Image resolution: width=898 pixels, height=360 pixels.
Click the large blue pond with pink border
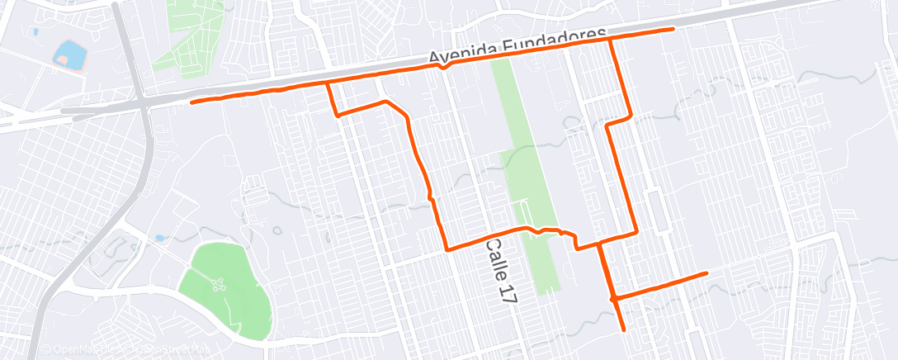tap(69, 56)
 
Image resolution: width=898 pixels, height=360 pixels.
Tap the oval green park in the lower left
tap(230, 290)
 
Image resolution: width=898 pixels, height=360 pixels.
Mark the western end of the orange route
tap(191, 102)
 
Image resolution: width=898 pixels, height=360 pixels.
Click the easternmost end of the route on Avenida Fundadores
tap(673, 29)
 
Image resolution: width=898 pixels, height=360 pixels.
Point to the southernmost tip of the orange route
tap(623, 329)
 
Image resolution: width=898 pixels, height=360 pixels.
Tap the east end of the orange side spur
tap(707, 272)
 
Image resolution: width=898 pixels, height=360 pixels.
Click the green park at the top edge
tap(195, 37)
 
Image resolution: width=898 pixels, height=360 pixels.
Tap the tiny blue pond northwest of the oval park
tap(158, 238)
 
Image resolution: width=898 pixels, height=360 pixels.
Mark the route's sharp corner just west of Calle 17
tap(447, 249)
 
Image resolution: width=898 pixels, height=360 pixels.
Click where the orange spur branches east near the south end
tap(613, 297)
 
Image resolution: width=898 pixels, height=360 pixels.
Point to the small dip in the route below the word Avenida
tap(443, 68)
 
